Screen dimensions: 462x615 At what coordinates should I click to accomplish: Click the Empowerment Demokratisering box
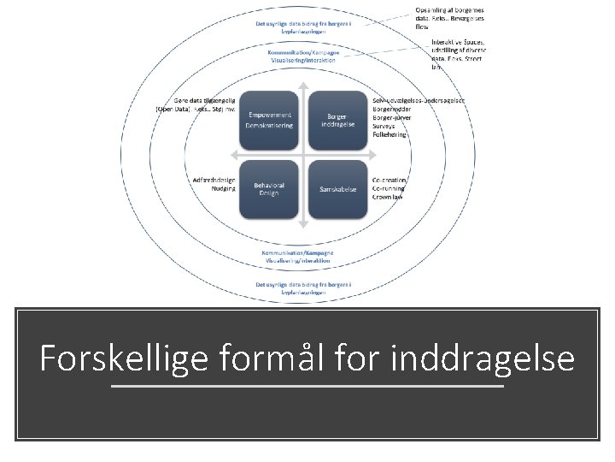[x=270, y=120]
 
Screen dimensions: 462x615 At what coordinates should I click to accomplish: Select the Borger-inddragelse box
[x=337, y=120]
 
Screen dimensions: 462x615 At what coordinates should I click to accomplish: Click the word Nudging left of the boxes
[x=224, y=188]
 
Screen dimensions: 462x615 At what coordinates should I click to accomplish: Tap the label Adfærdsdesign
[x=214, y=180]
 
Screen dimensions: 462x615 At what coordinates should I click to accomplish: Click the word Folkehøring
[x=390, y=135]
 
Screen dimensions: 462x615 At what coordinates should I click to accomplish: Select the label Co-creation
[x=389, y=180]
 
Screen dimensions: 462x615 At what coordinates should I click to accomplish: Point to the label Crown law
[x=388, y=197]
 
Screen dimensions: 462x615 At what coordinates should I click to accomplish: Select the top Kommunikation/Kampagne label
[x=304, y=53]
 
